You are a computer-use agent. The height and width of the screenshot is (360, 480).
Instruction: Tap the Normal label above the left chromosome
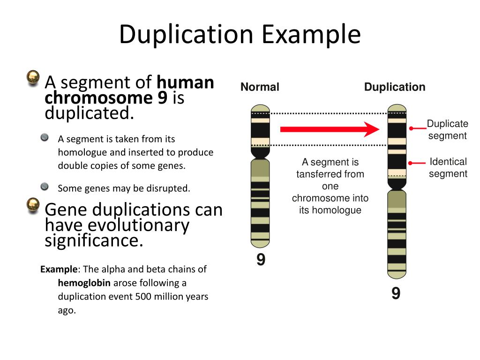[260, 87]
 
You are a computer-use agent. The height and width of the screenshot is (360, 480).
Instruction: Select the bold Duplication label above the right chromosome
[395, 87]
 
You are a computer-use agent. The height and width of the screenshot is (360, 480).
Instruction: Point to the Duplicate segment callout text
[447, 130]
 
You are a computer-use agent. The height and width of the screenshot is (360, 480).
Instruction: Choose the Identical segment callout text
[448, 168]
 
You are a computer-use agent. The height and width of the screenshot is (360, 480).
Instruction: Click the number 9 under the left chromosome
[261, 260]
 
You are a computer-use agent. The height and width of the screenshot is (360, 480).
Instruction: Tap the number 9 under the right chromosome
[396, 294]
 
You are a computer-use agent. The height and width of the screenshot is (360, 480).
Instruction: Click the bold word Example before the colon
[59, 270]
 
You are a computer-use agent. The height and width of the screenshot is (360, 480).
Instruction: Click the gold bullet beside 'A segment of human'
[33, 78]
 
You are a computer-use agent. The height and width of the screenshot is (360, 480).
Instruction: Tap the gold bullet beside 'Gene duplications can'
[33, 205]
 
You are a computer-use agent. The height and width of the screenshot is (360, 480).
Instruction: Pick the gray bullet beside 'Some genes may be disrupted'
[45, 187]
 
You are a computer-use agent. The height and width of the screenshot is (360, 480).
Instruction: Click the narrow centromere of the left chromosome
[260, 153]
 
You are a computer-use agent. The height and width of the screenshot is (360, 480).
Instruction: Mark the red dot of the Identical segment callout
[411, 163]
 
